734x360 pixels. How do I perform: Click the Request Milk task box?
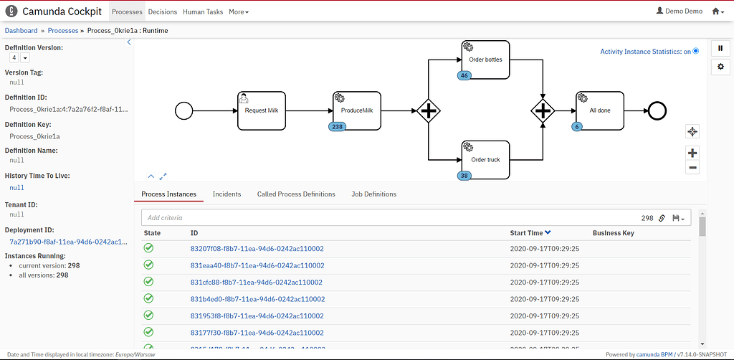262,110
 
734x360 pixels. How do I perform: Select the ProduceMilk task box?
357,110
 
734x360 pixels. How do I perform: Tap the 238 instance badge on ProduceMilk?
337,126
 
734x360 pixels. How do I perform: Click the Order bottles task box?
485,60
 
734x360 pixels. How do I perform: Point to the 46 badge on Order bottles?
464,75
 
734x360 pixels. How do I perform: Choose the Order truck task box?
485,159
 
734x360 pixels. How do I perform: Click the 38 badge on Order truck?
464,175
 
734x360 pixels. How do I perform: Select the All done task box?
600,110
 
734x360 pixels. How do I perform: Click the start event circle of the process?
184,110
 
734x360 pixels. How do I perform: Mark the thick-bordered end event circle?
656,110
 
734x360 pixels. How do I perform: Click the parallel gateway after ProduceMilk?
428,110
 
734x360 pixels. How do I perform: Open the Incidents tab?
227,194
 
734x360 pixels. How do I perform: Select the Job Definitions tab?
373,194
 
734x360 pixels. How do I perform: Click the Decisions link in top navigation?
162,12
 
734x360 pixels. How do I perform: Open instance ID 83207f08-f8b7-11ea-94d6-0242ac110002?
257,249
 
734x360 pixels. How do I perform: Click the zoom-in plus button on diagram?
692,153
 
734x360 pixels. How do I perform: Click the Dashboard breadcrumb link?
21,31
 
